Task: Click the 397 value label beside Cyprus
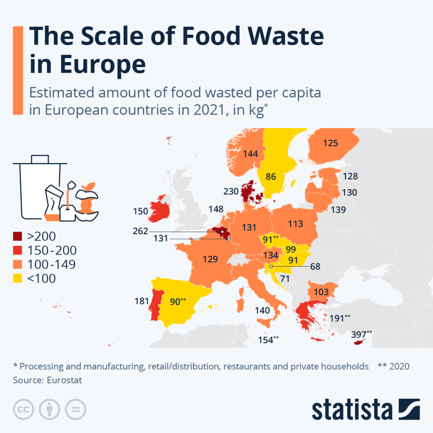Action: click(359, 335)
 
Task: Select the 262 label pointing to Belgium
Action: click(140, 231)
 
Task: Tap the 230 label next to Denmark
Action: click(231, 192)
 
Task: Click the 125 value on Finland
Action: click(330, 143)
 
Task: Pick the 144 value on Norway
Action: click(250, 154)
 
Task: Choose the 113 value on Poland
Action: click(295, 223)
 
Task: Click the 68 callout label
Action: click(315, 267)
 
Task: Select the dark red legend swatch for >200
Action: click(18, 236)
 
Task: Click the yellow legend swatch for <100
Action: click(18, 279)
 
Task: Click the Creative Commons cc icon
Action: click(24, 409)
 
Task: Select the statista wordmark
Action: click(352, 409)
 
